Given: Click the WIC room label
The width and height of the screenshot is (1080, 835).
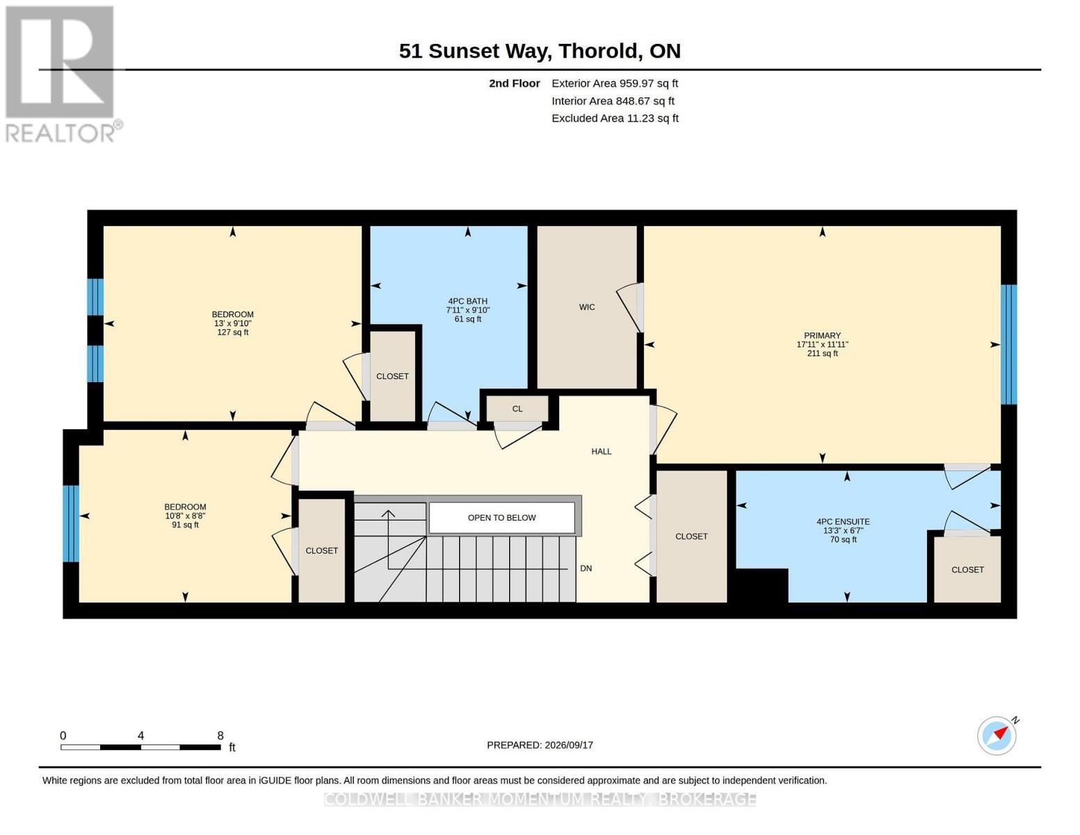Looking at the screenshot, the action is [x=586, y=307].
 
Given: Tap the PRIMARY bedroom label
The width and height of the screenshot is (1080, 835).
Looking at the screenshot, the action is [x=822, y=335].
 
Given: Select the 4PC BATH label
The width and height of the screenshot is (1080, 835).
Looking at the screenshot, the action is [x=468, y=301].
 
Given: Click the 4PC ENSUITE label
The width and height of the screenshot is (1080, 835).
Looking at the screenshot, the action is [x=843, y=522].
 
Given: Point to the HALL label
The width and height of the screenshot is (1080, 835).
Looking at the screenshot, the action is [x=602, y=452].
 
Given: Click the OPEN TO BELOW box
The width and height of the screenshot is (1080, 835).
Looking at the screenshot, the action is [x=501, y=518].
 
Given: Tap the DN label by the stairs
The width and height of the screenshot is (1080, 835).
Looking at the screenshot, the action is [x=586, y=568].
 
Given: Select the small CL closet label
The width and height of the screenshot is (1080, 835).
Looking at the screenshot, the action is [x=517, y=408].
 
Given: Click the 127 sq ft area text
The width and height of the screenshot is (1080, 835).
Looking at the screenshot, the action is [x=232, y=332].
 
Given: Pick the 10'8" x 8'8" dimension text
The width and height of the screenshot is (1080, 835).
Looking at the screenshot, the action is [x=185, y=516].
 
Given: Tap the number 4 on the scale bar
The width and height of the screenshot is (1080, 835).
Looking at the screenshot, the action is [x=140, y=735].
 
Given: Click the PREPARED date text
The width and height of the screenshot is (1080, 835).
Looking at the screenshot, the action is [x=540, y=745].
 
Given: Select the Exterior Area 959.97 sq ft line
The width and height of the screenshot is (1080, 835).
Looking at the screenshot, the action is [x=615, y=83].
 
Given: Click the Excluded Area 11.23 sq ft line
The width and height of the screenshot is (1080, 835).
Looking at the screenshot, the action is [x=615, y=118].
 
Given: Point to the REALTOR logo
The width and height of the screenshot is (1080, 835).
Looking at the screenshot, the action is [x=61, y=74].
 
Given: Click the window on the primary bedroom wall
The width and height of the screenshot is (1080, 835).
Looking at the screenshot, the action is [x=1008, y=344].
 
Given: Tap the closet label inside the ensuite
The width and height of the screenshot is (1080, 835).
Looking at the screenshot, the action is [x=967, y=570].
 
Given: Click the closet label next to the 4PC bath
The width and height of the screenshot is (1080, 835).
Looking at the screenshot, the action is [x=392, y=376].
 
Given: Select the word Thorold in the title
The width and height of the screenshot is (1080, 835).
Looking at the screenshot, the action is [x=598, y=51].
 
